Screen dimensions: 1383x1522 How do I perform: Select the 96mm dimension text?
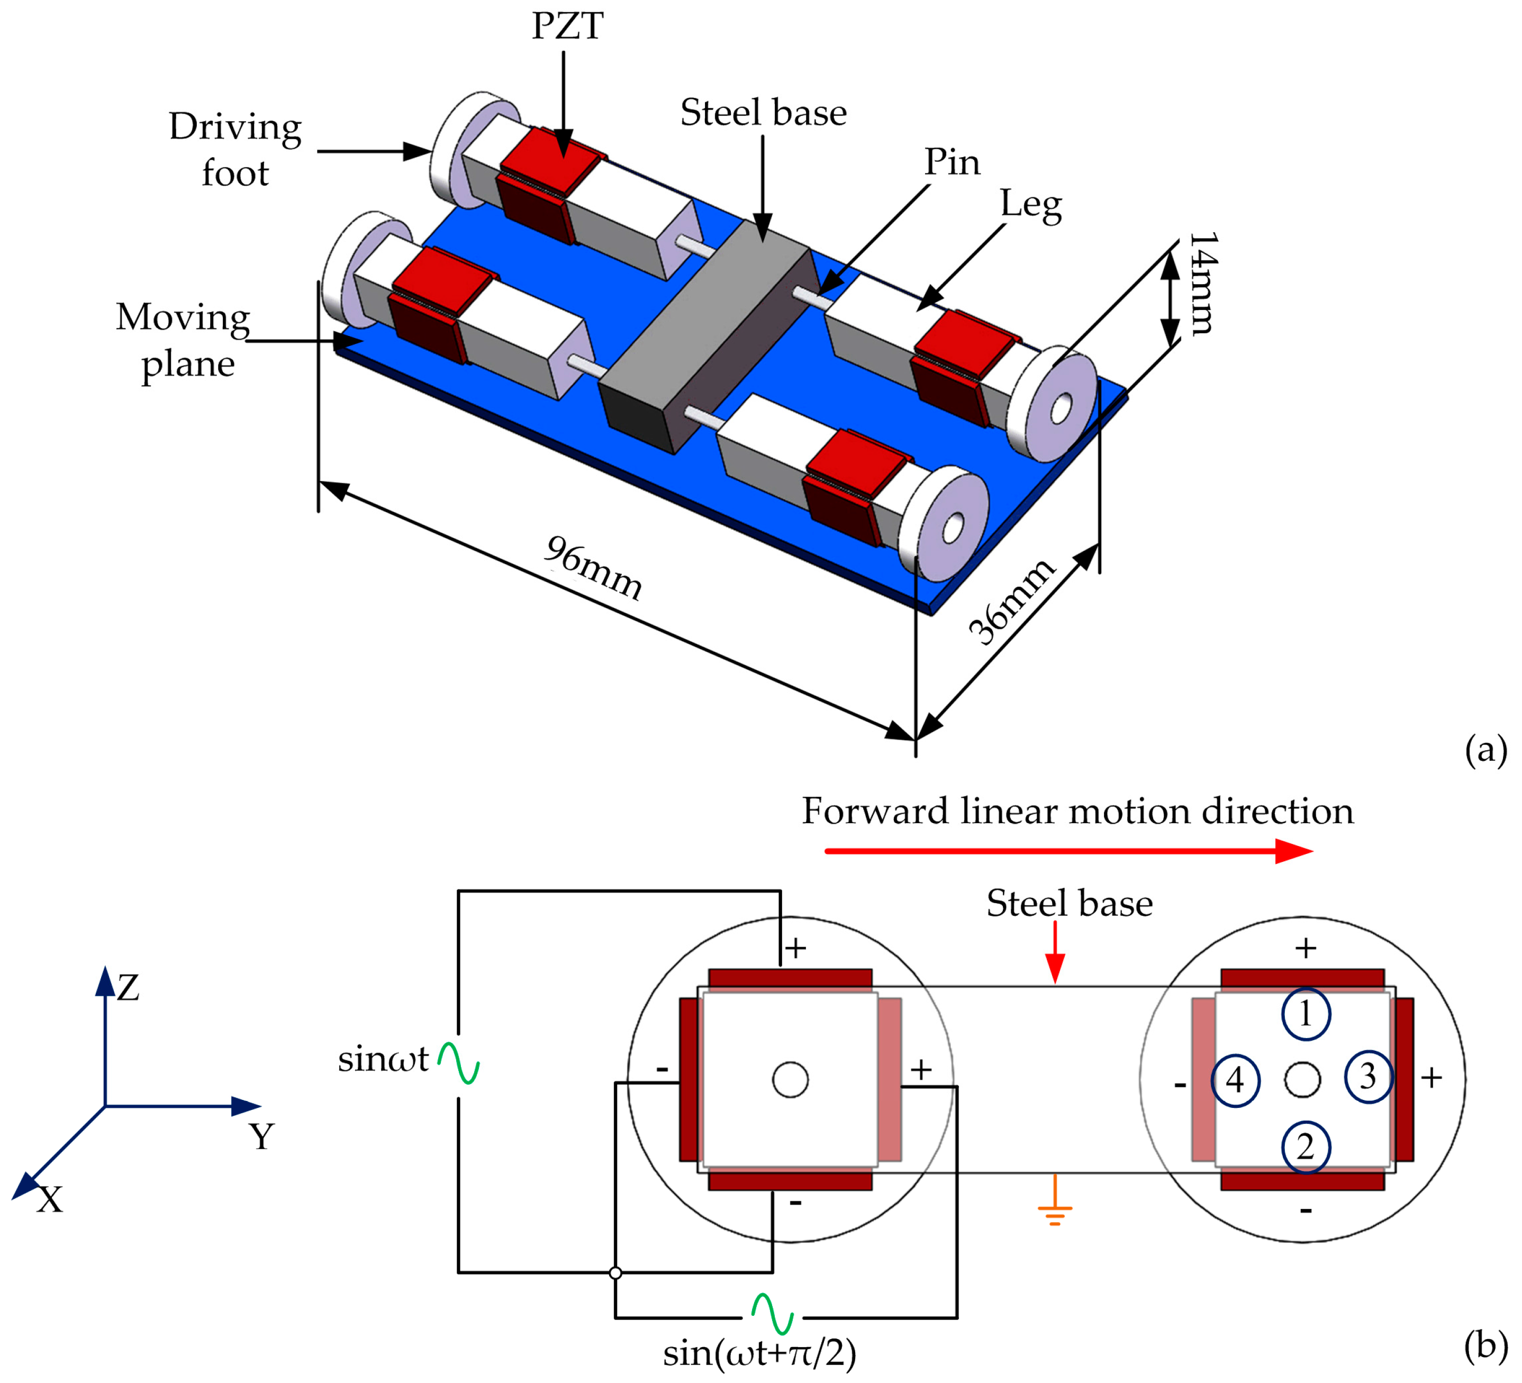[x=593, y=568]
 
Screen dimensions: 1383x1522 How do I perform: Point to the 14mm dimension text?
[x=1203, y=283]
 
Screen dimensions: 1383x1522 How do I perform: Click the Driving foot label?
[x=235, y=150]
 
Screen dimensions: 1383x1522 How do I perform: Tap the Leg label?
[x=1031, y=205]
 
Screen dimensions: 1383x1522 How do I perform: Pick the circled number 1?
[x=1306, y=1014]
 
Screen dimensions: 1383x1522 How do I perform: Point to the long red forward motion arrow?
[x=1068, y=851]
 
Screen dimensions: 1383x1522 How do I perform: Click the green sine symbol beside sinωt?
[x=459, y=1063]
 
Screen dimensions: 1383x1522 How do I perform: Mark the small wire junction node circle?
[x=615, y=1273]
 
